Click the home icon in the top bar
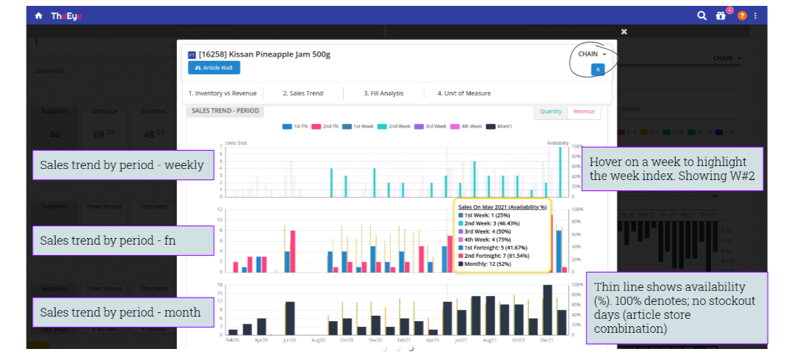point(38,15)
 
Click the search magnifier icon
point(702,15)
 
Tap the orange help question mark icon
point(742,15)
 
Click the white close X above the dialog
point(624,32)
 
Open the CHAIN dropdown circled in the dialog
point(592,54)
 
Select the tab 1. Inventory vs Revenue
point(223,93)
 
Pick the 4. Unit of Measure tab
point(464,93)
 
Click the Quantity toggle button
point(551,112)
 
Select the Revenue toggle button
point(584,112)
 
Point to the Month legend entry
point(502,126)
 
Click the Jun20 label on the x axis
point(289,341)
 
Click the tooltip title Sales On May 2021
point(502,207)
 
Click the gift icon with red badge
point(721,15)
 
